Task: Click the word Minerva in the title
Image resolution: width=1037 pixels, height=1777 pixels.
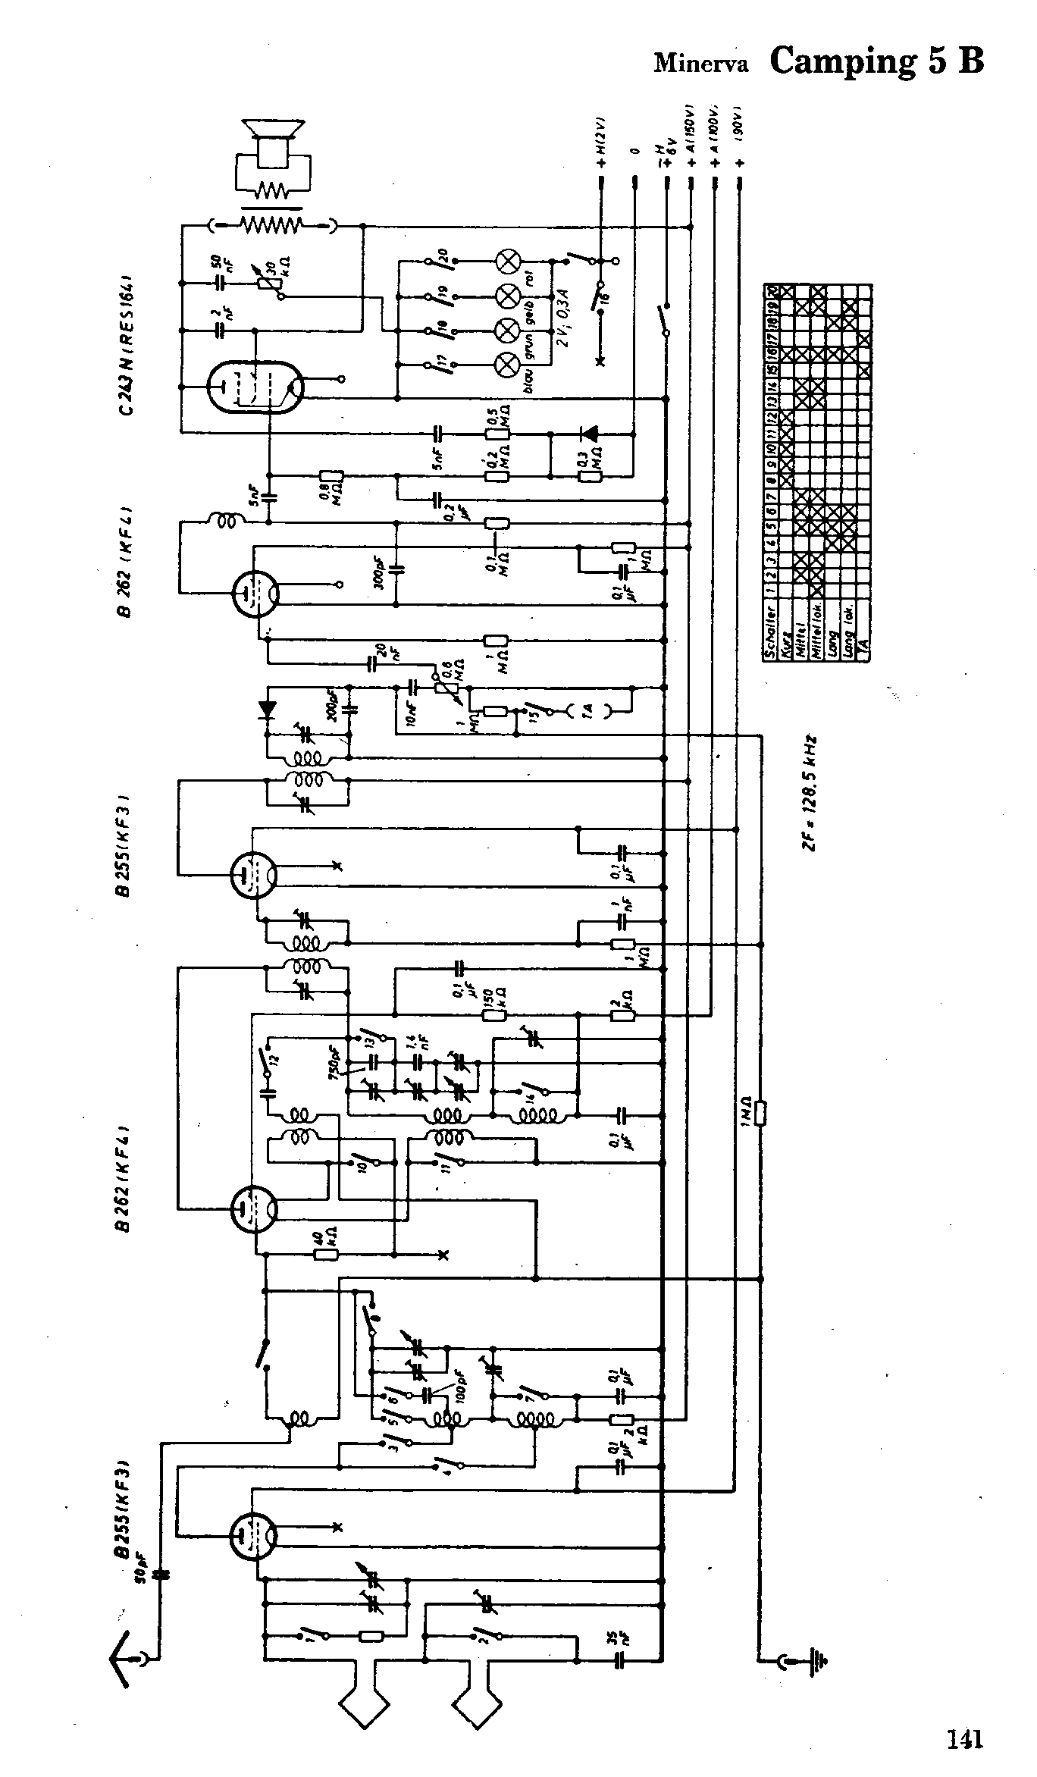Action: (701, 64)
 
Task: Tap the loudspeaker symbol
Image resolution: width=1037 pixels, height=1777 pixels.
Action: (273, 144)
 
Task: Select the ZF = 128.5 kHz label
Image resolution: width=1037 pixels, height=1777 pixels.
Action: (812, 792)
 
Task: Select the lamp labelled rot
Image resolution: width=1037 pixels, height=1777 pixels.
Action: (506, 293)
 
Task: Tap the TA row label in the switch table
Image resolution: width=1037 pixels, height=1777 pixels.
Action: (864, 648)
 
